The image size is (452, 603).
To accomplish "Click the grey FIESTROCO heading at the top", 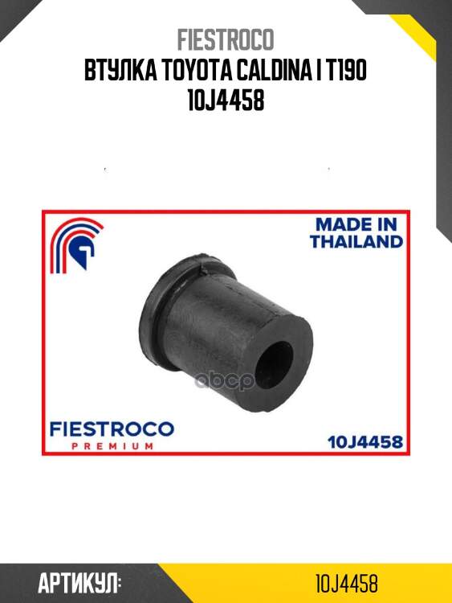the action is (226, 39).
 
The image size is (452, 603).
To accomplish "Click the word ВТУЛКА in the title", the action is (120, 71).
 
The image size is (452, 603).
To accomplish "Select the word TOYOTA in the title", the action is (196, 71).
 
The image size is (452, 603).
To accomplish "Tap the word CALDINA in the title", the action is (272, 71).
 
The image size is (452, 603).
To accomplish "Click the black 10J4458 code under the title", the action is (226, 100).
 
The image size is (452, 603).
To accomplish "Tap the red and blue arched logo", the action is (76, 245).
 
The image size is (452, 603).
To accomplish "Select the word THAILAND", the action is (356, 241).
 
